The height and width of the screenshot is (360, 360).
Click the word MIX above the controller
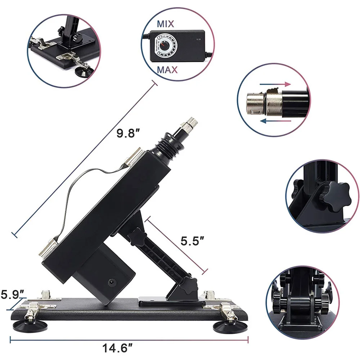(x=165, y=24)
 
